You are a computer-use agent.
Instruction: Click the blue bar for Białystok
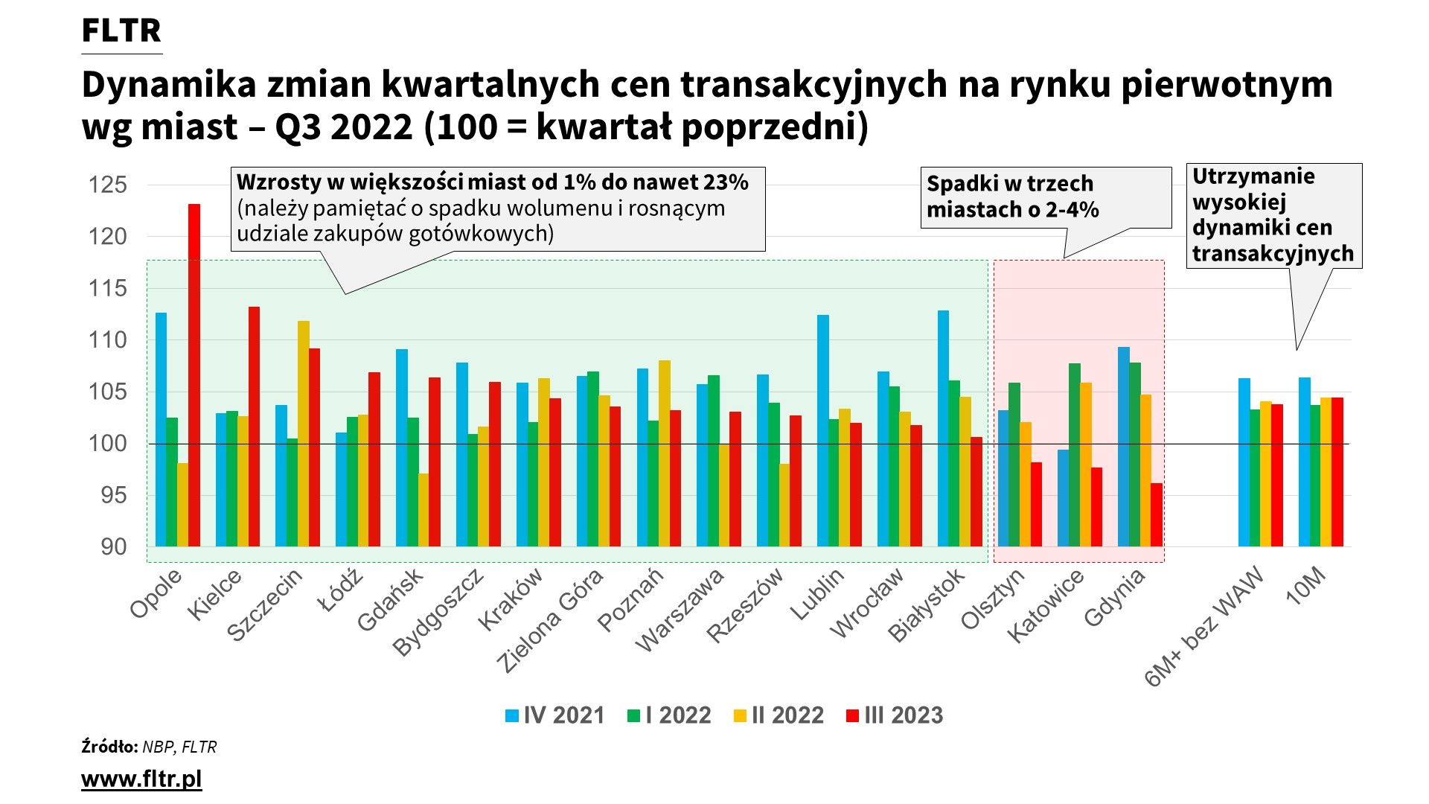(x=943, y=428)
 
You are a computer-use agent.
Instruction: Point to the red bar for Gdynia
(x=1157, y=514)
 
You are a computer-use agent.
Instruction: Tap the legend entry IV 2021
(x=555, y=715)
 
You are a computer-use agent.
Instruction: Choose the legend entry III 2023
(x=895, y=715)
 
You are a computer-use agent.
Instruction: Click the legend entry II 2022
(x=779, y=715)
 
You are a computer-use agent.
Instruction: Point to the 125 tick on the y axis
(x=108, y=185)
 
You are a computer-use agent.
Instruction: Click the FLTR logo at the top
(x=121, y=31)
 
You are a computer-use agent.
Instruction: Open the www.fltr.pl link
(x=141, y=779)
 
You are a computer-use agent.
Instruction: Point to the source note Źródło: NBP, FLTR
(x=149, y=747)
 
